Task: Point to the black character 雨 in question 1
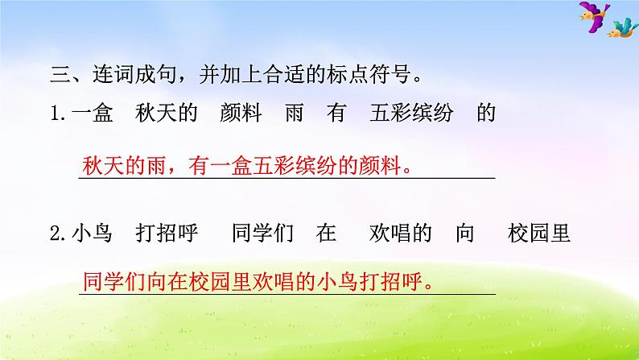pyautogui.click(x=293, y=115)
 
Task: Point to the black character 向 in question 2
pyautogui.click(x=468, y=234)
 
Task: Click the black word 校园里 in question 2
pyautogui.click(x=539, y=234)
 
